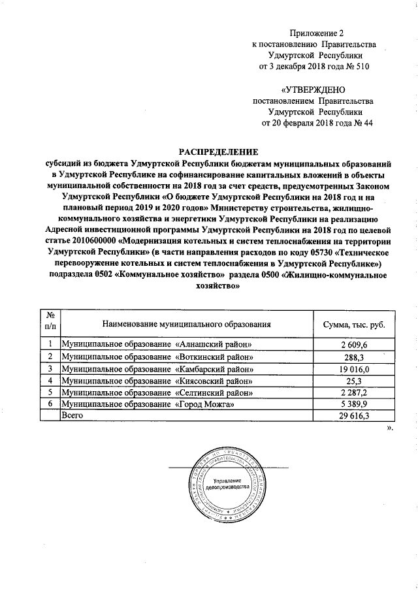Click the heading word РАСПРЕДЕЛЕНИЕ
tap(218, 152)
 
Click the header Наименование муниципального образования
tap(186, 325)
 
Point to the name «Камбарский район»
tap(215, 368)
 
